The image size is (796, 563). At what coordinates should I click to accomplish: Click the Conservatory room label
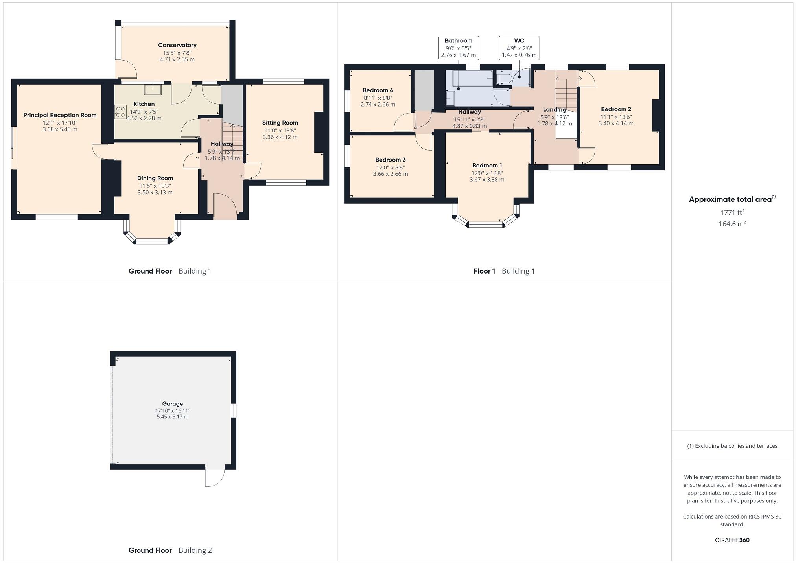click(177, 45)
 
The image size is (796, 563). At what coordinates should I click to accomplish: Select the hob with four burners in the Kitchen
click(120, 112)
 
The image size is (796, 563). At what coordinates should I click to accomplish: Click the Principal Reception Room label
click(60, 115)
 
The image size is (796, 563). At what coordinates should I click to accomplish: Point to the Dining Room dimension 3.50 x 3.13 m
click(155, 192)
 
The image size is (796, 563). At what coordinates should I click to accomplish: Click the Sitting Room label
click(280, 123)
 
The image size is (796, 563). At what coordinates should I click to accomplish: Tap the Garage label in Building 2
click(172, 403)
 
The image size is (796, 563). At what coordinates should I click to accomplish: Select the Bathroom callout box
click(458, 48)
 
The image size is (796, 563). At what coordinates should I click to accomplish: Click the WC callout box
click(519, 48)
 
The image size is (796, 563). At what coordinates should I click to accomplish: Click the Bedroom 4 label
click(378, 90)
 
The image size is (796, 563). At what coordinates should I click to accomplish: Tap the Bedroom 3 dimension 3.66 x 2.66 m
click(390, 174)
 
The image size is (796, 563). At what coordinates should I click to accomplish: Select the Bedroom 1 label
click(487, 166)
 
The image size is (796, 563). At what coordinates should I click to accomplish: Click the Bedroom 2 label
click(616, 109)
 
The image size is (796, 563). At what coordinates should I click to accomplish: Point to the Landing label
click(555, 110)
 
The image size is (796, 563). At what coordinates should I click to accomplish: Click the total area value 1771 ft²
click(732, 212)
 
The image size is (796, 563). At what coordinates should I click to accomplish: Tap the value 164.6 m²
click(732, 224)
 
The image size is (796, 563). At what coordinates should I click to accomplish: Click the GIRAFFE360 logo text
click(732, 540)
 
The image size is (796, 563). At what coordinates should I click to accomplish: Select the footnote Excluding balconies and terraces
click(732, 446)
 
